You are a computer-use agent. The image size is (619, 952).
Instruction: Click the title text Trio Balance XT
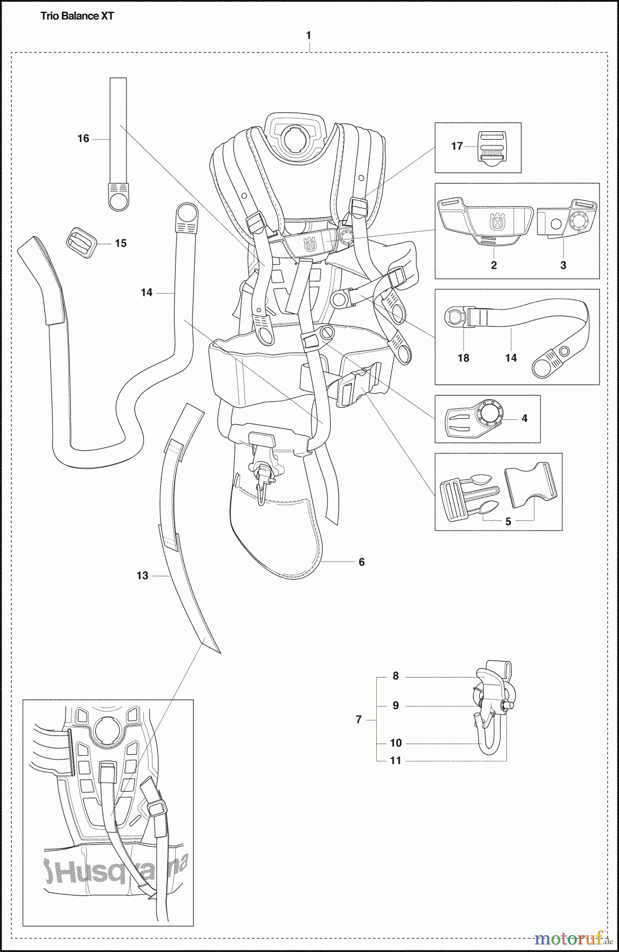coord(77,16)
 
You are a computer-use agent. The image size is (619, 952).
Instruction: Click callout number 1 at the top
coord(308,35)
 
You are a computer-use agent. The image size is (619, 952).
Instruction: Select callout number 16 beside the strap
coord(83,139)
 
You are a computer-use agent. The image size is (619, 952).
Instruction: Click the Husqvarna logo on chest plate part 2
coord(497,222)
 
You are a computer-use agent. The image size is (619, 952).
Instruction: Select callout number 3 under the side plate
coord(563,265)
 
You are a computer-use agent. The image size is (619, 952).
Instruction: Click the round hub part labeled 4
coord(490,415)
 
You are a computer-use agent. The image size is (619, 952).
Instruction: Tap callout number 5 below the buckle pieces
coord(508,521)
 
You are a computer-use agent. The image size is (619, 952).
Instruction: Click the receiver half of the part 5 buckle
coord(530,482)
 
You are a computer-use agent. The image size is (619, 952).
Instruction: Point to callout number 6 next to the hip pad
coord(361,562)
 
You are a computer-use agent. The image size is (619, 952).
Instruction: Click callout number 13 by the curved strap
coord(142,575)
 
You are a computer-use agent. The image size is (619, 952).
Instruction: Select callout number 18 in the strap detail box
coord(463,358)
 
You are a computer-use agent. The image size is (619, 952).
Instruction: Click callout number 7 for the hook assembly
coord(359,719)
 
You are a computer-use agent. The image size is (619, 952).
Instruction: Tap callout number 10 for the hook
coord(396,743)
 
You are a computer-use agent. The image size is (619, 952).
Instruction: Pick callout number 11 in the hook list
coord(396,761)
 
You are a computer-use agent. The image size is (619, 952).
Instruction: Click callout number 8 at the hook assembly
coord(396,676)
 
